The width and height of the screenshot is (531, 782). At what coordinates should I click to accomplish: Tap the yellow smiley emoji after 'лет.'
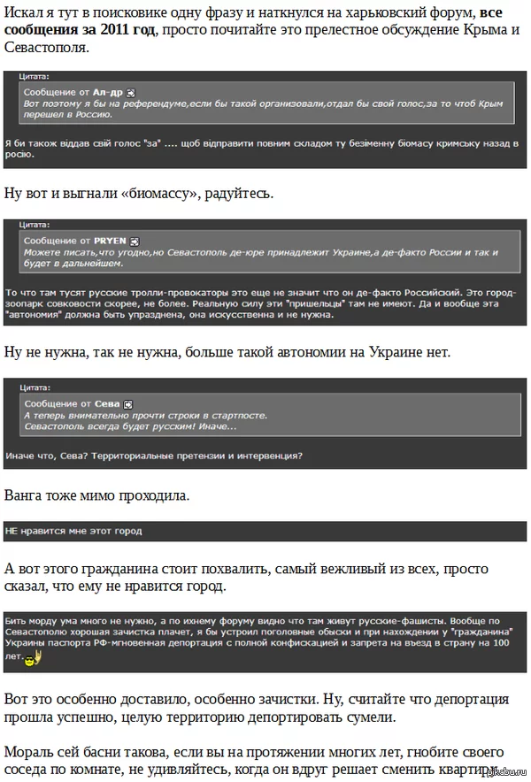pyautogui.click(x=27, y=660)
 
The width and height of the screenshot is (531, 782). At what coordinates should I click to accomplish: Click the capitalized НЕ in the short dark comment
pyautogui.click(x=12, y=531)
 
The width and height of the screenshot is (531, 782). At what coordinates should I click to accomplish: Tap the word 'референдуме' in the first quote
pyautogui.click(x=146, y=104)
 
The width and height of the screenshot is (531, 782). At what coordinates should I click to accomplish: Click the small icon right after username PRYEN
pyautogui.click(x=135, y=241)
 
